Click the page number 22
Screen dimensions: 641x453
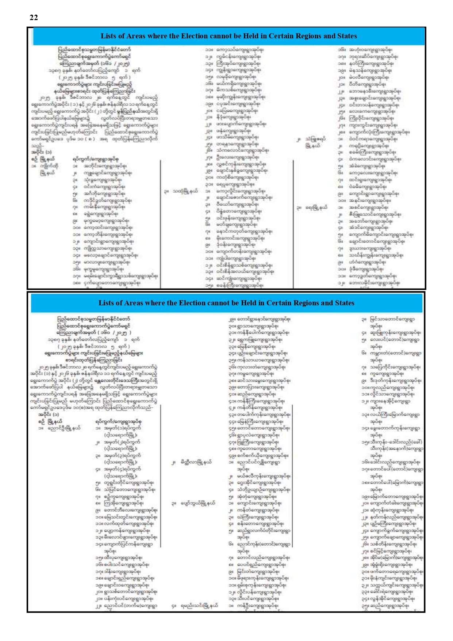click(34, 18)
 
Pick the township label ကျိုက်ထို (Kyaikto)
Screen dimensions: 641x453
click(49, 166)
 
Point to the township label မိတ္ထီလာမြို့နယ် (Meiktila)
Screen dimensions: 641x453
click(196, 462)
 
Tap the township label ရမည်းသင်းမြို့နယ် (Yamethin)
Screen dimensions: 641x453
click(199, 606)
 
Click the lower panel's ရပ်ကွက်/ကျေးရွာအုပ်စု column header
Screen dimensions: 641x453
click(118, 421)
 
